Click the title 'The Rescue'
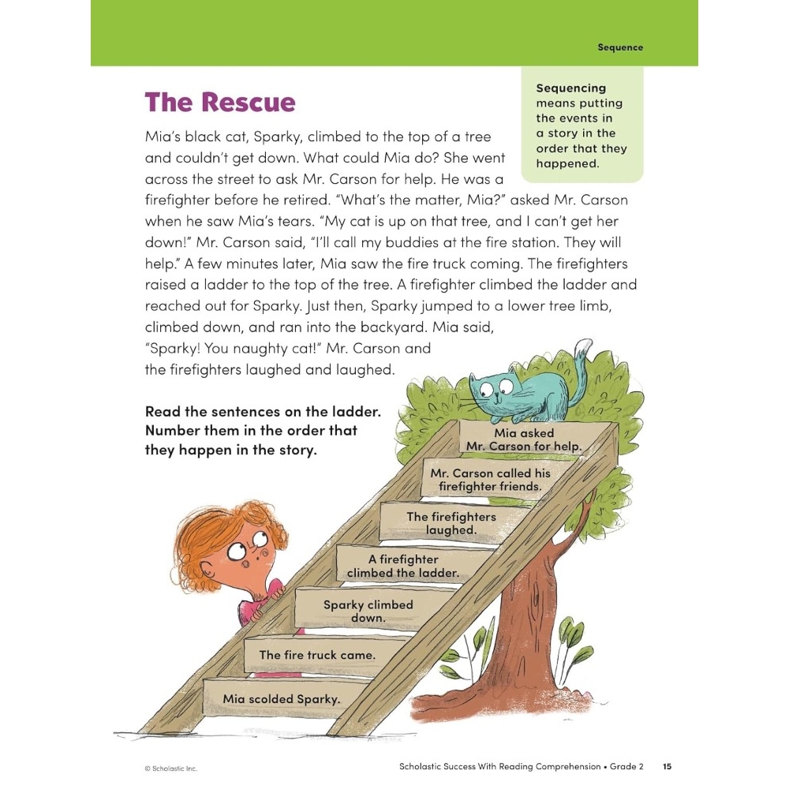click(220, 103)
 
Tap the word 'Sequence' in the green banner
click(620, 47)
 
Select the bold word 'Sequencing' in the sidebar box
click(571, 88)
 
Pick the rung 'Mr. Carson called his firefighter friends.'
click(490, 480)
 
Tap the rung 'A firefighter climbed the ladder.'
click(403, 566)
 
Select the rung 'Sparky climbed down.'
click(368, 611)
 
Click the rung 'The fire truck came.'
click(317, 655)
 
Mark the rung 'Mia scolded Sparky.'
click(281, 699)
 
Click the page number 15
click(667, 766)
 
